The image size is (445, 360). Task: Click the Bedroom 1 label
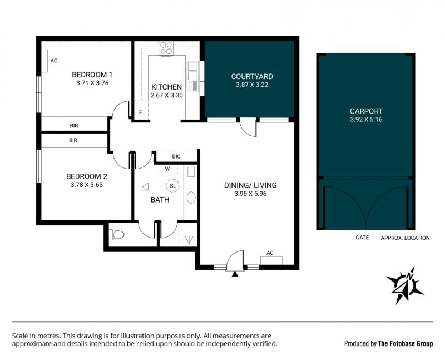[92, 75]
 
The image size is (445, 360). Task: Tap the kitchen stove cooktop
[166, 48]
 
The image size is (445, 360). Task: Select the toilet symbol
[117, 235]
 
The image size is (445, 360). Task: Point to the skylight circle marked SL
[172, 186]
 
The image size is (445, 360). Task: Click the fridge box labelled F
[141, 109]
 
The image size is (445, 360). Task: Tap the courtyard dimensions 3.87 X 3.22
[252, 85]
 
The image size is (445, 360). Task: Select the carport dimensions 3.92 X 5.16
[366, 119]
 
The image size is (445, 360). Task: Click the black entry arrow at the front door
[235, 274]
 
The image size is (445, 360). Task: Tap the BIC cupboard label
[176, 156]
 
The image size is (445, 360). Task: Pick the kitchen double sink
[192, 76]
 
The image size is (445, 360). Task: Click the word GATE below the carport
[362, 238]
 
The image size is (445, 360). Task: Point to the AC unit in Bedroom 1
[44, 61]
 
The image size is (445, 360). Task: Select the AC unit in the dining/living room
[271, 260]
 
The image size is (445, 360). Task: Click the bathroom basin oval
[191, 198]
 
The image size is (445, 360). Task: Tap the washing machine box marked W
[167, 169]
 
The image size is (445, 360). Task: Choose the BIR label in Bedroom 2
[73, 140]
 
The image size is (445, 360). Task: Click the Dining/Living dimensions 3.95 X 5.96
[250, 194]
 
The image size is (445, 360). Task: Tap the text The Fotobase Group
[406, 343]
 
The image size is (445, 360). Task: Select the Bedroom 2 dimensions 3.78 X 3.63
[87, 185]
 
